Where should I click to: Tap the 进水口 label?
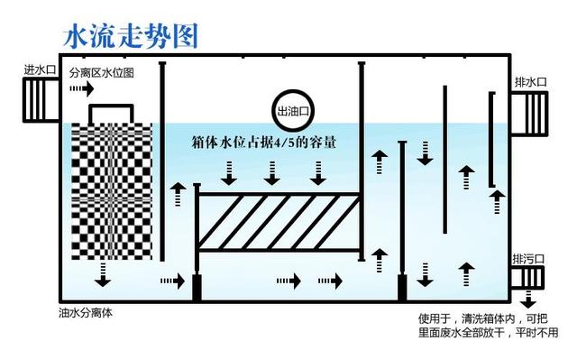[x=40, y=69]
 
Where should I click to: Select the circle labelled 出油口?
[x=295, y=111]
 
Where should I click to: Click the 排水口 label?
[x=531, y=82]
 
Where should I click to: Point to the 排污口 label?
[x=530, y=258]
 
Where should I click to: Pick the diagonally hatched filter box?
[x=279, y=221]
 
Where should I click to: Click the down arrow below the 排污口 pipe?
[x=530, y=302]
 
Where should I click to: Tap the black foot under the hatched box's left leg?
[x=197, y=289]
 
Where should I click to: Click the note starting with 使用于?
[x=488, y=324]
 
